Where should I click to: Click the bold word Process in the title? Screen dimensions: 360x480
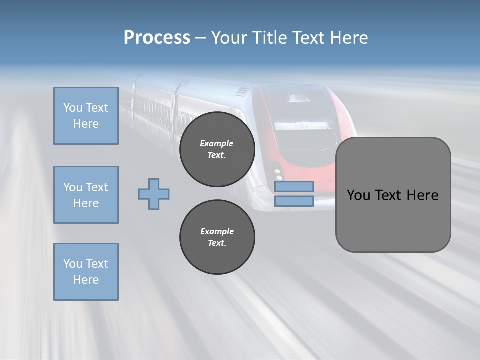click(157, 38)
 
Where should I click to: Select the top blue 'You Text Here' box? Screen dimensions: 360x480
click(86, 116)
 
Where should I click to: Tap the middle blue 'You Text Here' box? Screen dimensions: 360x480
click(86, 195)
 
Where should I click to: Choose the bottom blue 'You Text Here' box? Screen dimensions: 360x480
click(86, 272)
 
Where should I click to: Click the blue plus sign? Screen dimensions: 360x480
click(154, 194)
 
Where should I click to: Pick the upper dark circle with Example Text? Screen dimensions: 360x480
click(217, 149)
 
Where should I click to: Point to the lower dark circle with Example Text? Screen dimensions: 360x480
click(217, 237)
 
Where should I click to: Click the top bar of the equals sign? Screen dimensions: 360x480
click(294, 187)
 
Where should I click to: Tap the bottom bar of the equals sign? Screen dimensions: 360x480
click(294, 201)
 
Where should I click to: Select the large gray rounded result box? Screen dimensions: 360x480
click(393, 195)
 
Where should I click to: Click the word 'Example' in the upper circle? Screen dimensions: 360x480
click(217, 143)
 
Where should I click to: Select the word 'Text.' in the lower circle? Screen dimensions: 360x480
click(217, 243)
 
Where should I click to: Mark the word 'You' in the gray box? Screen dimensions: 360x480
click(358, 195)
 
